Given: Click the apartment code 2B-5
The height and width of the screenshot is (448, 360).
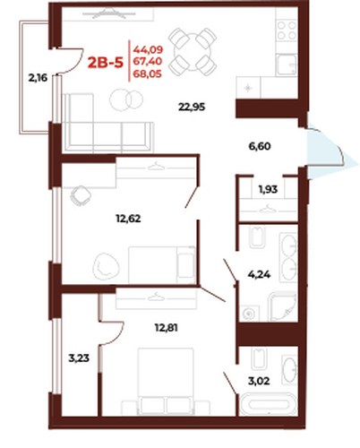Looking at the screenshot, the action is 105,63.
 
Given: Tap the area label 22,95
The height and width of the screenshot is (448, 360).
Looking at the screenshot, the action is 192,107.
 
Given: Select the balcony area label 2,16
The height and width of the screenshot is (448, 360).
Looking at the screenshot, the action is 38,78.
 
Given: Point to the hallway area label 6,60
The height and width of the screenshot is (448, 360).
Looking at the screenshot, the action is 260,146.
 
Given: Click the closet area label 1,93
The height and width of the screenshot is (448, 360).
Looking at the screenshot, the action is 268,189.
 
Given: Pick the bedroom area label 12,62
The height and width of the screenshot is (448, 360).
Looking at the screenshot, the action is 128,219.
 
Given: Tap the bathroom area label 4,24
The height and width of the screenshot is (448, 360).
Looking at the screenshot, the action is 259,274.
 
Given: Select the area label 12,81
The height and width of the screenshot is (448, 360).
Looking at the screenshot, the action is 167,328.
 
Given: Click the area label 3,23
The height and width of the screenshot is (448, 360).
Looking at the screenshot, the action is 79,358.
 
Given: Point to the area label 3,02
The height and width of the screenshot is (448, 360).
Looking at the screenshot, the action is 259,381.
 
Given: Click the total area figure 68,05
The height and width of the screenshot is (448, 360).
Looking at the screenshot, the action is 148,73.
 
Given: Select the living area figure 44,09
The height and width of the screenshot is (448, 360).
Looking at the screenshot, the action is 148,49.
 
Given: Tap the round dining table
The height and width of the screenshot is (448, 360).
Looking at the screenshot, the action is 193,52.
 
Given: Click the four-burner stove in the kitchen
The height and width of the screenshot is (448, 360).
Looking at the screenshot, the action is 287,30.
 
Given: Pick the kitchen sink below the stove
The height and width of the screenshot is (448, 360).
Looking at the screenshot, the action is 286,65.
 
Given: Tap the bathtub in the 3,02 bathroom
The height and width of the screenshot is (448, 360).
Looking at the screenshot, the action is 269,404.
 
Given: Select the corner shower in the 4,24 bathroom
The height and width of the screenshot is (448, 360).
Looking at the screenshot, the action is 282,306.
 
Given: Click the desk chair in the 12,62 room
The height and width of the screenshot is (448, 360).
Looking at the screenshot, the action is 81,195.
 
